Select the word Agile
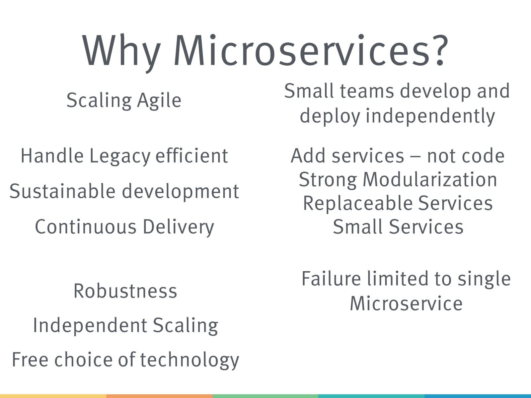159,100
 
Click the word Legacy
120,156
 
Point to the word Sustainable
62,191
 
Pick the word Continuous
86,227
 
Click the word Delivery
179,227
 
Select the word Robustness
125,291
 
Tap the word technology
190,360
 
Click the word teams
367,91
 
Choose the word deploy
330,116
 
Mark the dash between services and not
416,156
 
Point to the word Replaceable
357,203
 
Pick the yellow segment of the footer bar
53,396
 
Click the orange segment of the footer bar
159,396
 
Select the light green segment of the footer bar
265,396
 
